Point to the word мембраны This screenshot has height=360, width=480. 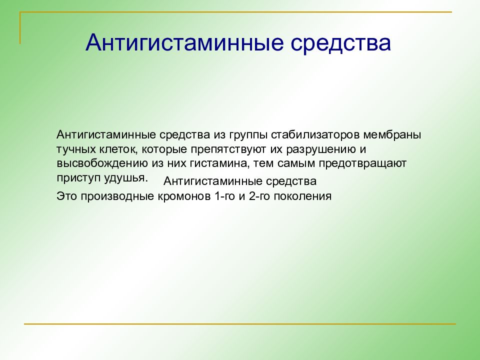(392, 134)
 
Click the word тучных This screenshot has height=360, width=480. (76, 149)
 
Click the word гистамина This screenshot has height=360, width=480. (218, 163)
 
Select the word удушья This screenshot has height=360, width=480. (126, 178)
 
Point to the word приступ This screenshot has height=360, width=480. (78, 178)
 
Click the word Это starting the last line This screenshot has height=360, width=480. (67, 196)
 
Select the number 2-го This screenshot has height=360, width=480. (259, 196)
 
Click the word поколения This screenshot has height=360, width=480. (302, 196)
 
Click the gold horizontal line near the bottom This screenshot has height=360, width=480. (240, 323)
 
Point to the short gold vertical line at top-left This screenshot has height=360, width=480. (20, 28)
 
